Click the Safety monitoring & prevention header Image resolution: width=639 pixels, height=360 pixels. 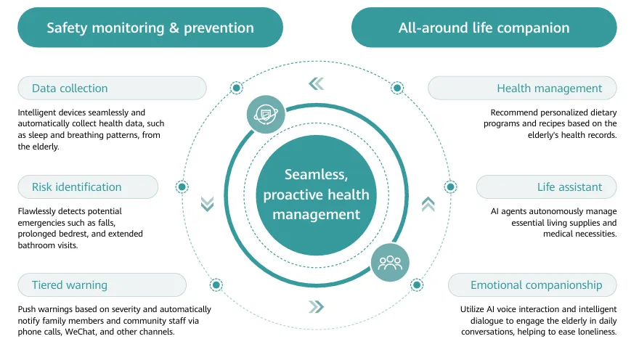point(150,28)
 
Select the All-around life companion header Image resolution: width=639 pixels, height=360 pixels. point(484,28)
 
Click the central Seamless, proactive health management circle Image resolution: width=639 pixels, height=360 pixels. point(317,194)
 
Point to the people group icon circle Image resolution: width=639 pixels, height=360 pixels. point(390,262)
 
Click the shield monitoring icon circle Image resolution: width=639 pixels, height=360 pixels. point(265,114)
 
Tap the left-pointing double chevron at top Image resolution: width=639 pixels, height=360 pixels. point(316,83)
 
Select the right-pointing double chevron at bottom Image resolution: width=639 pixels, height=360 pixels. point(316,307)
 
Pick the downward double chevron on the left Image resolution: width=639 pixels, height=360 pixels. point(208,204)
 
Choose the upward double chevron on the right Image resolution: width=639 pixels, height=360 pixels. point(428,204)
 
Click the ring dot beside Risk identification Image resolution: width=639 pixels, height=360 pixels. point(182,187)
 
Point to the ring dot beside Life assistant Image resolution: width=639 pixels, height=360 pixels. point(450,187)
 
